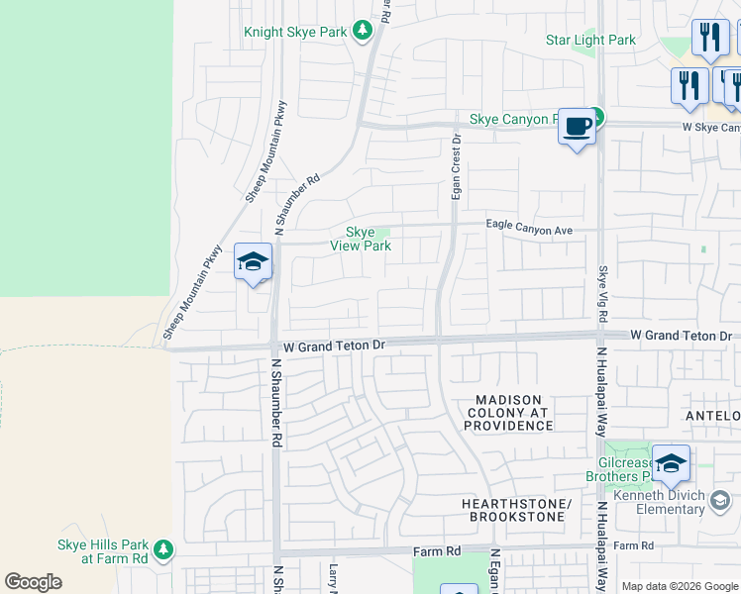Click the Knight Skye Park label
point(295,32)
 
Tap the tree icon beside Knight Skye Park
point(362,32)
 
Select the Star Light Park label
point(590,41)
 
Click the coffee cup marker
point(578,127)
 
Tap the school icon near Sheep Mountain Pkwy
point(253,262)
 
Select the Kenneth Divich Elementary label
point(659,502)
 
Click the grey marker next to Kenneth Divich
point(720,502)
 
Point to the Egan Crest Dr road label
point(456,166)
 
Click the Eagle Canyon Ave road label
point(529,229)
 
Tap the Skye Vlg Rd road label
point(602,294)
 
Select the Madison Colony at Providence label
point(508,412)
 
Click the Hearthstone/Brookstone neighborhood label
point(516,510)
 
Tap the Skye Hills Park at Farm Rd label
point(102,551)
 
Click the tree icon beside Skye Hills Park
point(163,548)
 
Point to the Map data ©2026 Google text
point(679,586)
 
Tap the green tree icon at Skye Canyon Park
point(597,118)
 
